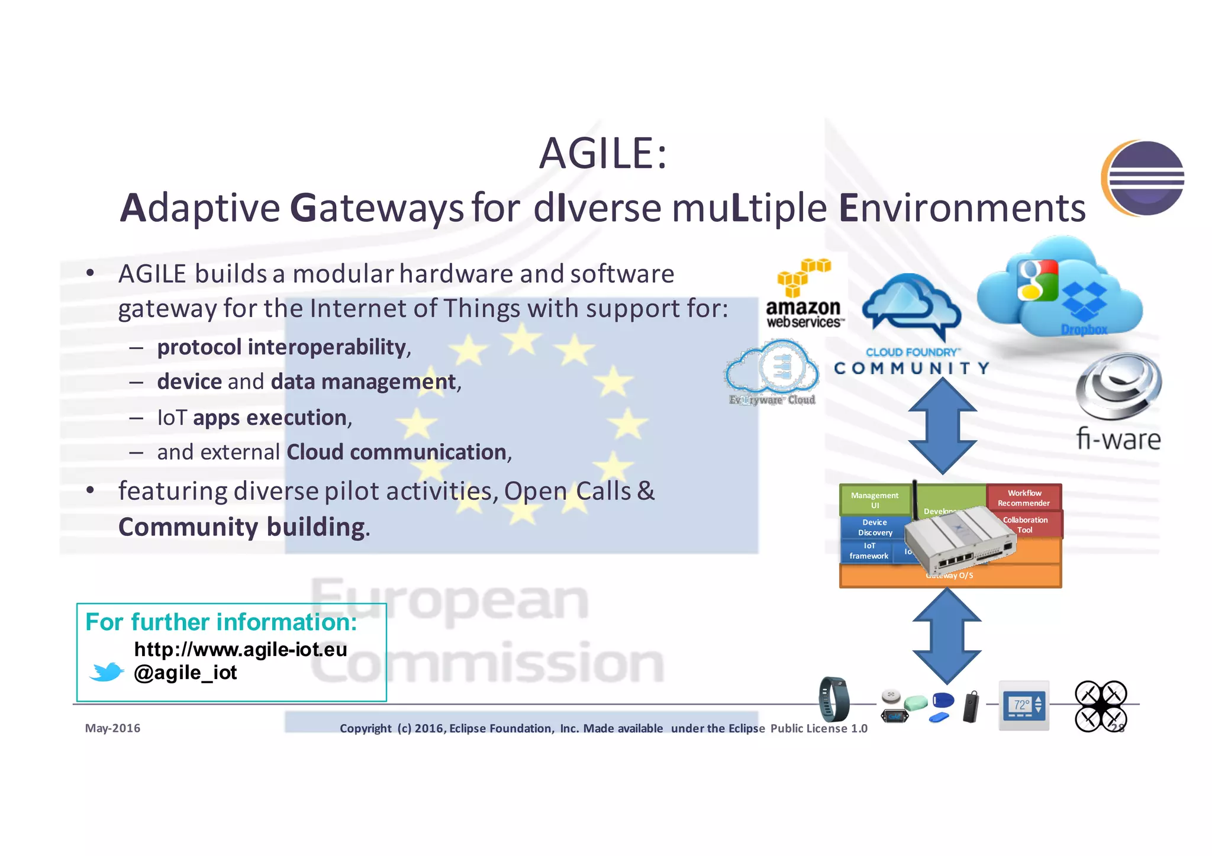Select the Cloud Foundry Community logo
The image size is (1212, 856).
click(x=911, y=325)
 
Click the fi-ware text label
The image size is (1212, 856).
click(x=1118, y=440)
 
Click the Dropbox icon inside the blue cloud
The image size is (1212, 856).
click(x=1084, y=302)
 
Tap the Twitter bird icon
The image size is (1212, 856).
click(x=107, y=672)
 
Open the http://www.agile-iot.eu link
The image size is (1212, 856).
click(x=240, y=650)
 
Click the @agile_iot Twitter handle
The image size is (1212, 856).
click(x=185, y=673)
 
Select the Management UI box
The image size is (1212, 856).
click(x=874, y=500)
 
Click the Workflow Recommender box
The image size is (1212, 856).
click(x=1024, y=498)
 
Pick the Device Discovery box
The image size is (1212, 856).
click(x=875, y=527)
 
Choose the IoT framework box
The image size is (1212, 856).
click(x=868, y=551)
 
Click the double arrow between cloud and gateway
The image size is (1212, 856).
click(x=942, y=426)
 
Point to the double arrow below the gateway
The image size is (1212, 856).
click(x=947, y=636)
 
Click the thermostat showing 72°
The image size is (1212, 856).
click(x=1024, y=705)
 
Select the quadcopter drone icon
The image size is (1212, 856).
click(x=1100, y=706)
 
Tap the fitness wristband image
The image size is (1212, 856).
click(x=834, y=699)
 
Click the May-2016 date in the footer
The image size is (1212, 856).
click(x=112, y=728)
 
